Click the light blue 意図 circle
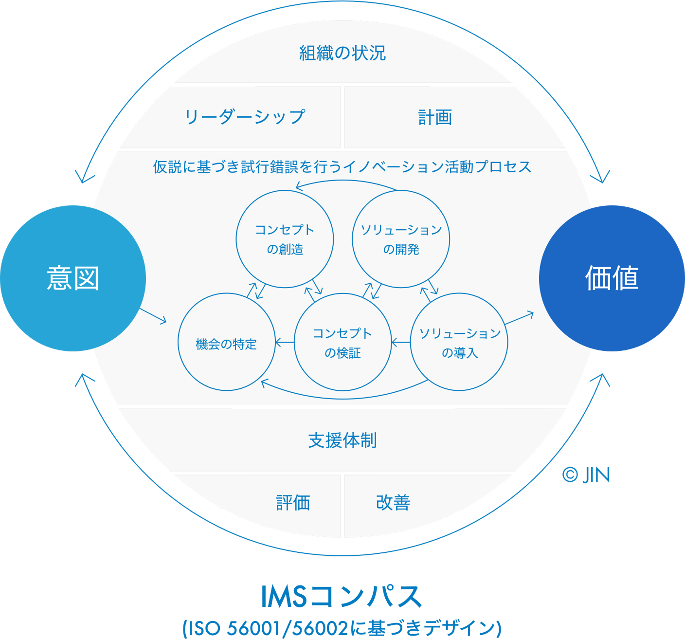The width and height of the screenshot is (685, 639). pyautogui.click(x=73, y=278)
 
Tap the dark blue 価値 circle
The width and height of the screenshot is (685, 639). pyautogui.click(x=612, y=278)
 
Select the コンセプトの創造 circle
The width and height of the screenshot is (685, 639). pyautogui.click(x=285, y=239)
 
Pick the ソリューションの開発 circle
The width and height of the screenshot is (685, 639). pyautogui.click(x=401, y=239)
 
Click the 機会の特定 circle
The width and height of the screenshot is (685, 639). pyautogui.click(x=227, y=342)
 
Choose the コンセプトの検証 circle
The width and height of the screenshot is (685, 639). pyautogui.click(x=342, y=342)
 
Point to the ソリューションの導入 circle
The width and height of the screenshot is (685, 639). pyautogui.click(x=459, y=342)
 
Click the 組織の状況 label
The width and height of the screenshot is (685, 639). pyautogui.click(x=342, y=53)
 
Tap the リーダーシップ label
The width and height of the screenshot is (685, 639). pyautogui.click(x=244, y=117)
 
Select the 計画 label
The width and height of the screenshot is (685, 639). pyautogui.click(x=435, y=117)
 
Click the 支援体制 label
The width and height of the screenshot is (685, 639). pyautogui.click(x=342, y=440)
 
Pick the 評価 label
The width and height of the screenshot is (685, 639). pyautogui.click(x=293, y=502)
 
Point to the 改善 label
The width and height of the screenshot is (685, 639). pyautogui.click(x=393, y=502)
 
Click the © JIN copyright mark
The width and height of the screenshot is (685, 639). pyautogui.click(x=586, y=475)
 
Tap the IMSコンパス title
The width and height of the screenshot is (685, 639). pyautogui.click(x=342, y=597)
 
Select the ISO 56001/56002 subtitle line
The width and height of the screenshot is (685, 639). pyautogui.click(x=342, y=628)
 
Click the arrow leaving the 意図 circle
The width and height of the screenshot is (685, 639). pyautogui.click(x=153, y=315)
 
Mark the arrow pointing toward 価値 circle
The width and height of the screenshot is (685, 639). pyautogui.click(x=519, y=319)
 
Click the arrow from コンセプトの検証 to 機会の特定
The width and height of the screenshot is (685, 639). pyautogui.click(x=285, y=343)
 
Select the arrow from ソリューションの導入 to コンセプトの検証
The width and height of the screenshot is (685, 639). pyautogui.click(x=401, y=343)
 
